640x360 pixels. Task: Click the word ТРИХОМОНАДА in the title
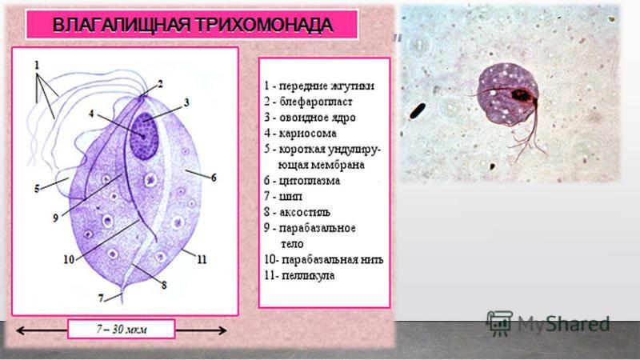pos(264,26)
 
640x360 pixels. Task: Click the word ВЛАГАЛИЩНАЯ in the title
pos(122,26)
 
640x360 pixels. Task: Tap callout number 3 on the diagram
pos(186,102)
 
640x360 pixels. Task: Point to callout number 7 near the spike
pos(101,298)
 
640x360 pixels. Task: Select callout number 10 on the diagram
pos(69,259)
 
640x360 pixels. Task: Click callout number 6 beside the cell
pos(213,178)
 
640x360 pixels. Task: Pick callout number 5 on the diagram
pos(37,189)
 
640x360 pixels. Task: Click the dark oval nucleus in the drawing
pos(144,135)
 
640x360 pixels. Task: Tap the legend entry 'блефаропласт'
pos(316,102)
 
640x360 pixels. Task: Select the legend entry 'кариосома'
pos(308,134)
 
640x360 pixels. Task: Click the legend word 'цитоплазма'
pos(310,181)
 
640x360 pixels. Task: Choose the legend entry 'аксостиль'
pos(305,212)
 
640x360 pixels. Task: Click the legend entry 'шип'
pos(290,197)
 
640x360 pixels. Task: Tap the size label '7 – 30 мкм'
pos(122,329)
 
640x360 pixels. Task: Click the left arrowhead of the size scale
pos(19,330)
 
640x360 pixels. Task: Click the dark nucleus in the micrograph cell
pos(522,95)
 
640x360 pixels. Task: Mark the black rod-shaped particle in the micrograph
pos(418,111)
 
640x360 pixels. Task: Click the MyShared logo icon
pos(499,324)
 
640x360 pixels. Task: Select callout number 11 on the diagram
pos(202,259)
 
